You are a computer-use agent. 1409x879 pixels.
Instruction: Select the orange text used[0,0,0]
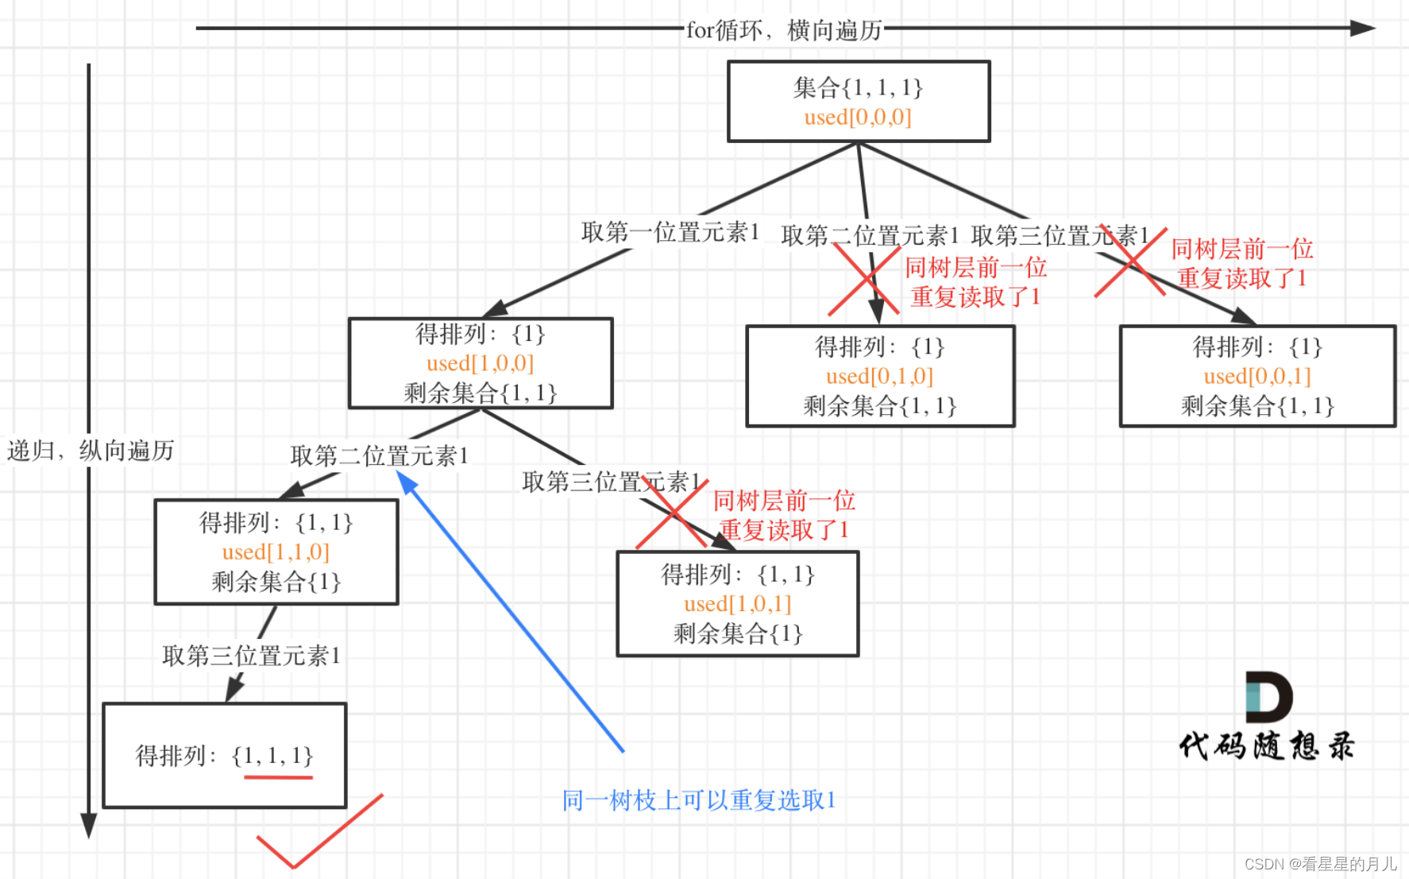(x=858, y=118)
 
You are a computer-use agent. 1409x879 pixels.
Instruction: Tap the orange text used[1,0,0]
(x=480, y=364)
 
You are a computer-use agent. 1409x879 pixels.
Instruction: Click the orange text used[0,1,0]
(x=879, y=377)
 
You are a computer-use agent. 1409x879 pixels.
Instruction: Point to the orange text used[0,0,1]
(x=1257, y=377)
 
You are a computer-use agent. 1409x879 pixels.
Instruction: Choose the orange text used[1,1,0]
(x=276, y=552)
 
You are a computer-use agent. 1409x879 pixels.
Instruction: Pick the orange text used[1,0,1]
(x=737, y=605)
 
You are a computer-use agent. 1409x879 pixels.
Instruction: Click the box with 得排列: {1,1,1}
(x=225, y=755)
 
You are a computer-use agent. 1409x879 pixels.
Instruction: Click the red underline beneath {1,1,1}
(x=278, y=776)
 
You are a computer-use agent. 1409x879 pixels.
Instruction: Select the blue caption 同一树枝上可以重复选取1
(x=699, y=800)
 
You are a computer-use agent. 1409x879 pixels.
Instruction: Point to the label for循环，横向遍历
(x=783, y=30)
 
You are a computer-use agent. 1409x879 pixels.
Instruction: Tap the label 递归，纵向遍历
(x=91, y=451)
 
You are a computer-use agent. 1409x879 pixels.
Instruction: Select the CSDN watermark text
(x=1320, y=864)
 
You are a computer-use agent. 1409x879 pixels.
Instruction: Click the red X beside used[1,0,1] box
(x=671, y=515)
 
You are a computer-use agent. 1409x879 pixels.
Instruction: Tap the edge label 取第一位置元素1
(x=670, y=232)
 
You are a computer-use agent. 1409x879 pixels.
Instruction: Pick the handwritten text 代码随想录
(x=1266, y=746)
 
